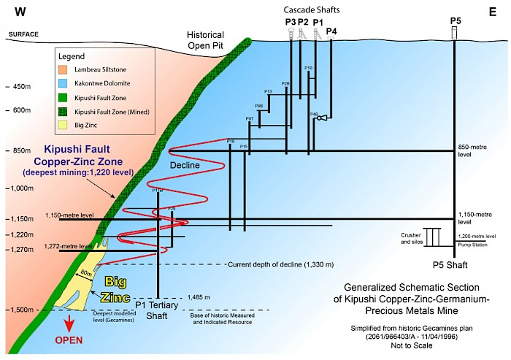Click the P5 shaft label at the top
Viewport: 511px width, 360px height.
[x=455, y=20]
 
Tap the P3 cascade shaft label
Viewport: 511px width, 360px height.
[x=291, y=22]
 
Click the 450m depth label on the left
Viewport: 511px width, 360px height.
[x=23, y=87]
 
